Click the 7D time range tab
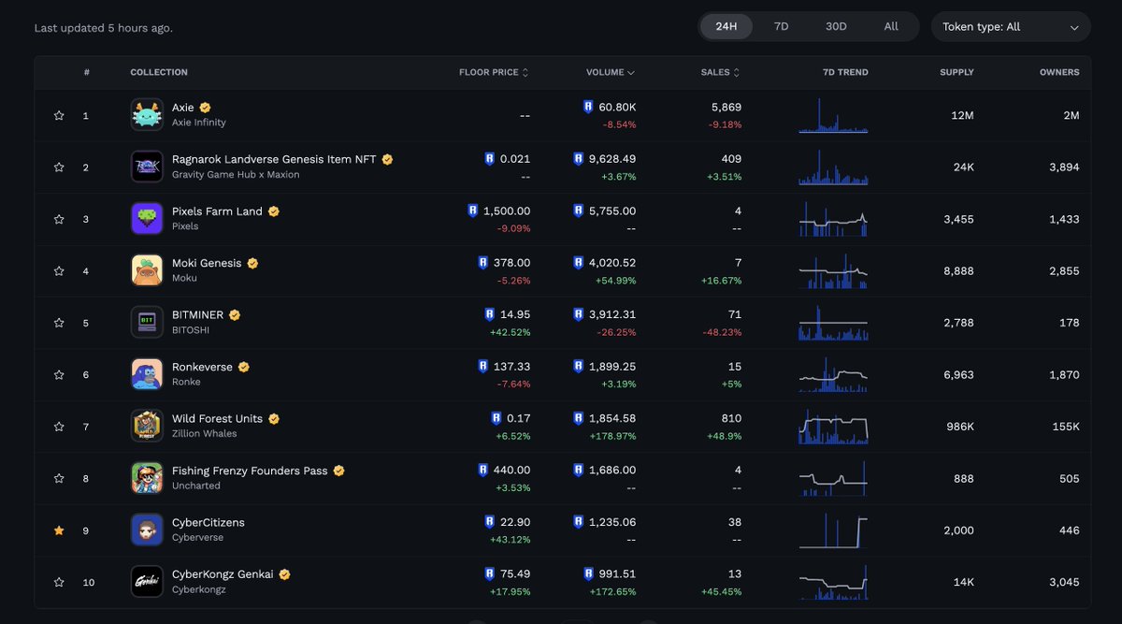point(781,26)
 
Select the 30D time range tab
point(836,26)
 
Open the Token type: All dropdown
point(1011,27)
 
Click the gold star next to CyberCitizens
point(59,530)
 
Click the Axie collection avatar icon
point(147,115)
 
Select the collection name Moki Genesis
point(207,264)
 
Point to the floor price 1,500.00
point(506,211)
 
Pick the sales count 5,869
point(726,108)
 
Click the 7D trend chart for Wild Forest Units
point(833,427)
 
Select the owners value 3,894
point(1063,167)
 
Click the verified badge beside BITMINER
point(235,315)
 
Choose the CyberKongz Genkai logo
point(147,582)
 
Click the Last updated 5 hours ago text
point(103,28)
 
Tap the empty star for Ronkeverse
point(59,375)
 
